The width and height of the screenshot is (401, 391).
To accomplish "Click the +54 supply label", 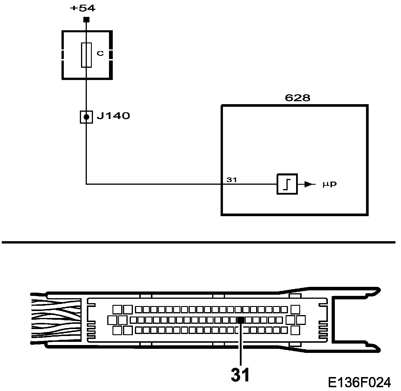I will [83, 8].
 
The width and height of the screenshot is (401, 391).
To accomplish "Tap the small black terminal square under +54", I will [86, 20].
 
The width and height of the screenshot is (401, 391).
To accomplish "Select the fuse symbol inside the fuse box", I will [86, 55].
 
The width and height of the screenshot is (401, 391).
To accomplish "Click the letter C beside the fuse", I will [100, 54].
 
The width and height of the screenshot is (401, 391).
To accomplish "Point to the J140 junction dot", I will [86, 117].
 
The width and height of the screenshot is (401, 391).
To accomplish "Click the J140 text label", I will [113, 116].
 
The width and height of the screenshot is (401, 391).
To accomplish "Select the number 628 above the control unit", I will [297, 98].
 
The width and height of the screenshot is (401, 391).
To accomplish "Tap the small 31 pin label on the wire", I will [232, 180].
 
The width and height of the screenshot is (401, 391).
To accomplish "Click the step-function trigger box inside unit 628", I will [287, 184].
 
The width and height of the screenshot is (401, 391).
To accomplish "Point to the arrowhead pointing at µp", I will [308, 184].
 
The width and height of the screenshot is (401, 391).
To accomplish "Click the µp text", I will [330, 184].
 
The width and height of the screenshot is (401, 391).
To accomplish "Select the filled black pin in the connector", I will [241, 320].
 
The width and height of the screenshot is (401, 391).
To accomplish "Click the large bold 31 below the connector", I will [240, 375].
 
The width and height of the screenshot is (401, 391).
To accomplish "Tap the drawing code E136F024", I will [359, 382].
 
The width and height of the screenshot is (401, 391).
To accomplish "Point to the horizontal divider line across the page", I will [198, 242].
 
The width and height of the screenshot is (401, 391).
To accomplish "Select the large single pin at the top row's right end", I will [295, 309].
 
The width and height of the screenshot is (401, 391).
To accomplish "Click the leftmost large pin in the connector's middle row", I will [112, 320].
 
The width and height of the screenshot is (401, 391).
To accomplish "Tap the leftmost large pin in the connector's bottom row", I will [117, 330].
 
